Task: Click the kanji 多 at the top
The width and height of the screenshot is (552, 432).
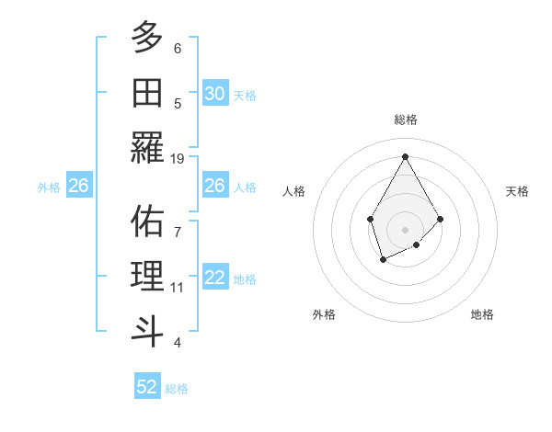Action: click(x=147, y=39)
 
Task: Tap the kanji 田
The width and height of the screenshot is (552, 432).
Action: click(x=147, y=92)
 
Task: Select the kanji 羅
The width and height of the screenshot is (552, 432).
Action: click(x=147, y=146)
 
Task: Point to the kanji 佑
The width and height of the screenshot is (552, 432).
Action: click(x=147, y=221)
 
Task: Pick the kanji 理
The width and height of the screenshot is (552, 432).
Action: click(x=147, y=276)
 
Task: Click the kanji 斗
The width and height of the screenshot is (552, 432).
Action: click(x=147, y=330)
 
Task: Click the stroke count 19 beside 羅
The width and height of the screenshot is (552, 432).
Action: click(x=178, y=158)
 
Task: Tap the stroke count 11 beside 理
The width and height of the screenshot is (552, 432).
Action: click(x=178, y=288)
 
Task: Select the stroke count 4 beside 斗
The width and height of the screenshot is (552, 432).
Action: click(x=178, y=343)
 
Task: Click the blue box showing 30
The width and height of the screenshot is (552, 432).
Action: click(x=214, y=94)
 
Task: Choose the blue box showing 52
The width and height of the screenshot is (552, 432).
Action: click(x=147, y=387)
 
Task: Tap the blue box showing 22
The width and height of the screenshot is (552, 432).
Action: click(x=214, y=278)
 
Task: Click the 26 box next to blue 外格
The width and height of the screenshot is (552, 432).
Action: click(x=79, y=186)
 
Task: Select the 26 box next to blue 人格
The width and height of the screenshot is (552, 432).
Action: click(x=214, y=186)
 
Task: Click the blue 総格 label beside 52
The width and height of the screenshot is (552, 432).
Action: click(x=177, y=389)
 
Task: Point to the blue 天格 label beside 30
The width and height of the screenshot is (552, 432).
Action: click(x=245, y=96)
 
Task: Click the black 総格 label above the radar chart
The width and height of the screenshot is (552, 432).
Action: click(x=405, y=119)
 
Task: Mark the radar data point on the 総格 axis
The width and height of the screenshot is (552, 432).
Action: click(x=405, y=155)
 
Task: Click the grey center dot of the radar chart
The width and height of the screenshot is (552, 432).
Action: click(x=405, y=229)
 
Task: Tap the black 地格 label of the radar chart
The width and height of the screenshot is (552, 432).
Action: click(x=482, y=314)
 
